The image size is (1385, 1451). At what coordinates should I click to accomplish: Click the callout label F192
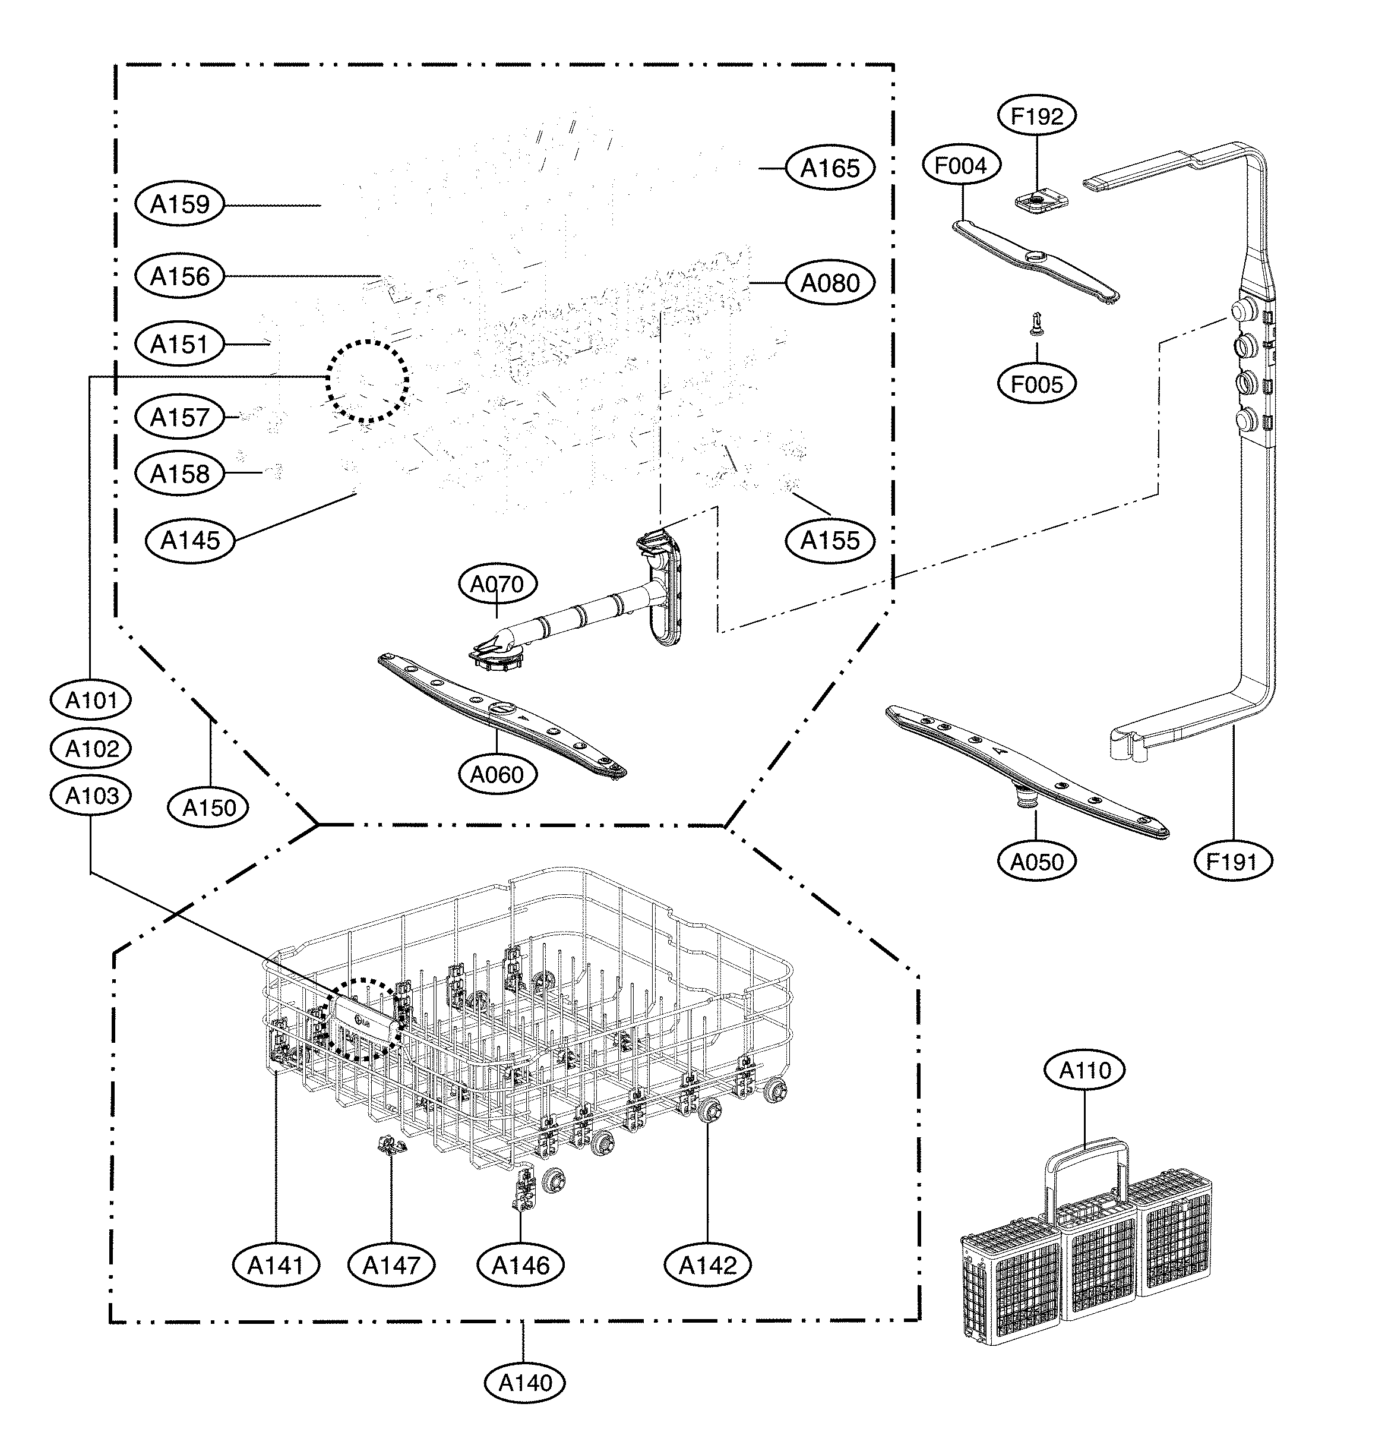click(1036, 116)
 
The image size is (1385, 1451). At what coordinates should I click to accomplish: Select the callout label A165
click(830, 168)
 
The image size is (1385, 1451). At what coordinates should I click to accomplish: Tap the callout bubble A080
click(830, 283)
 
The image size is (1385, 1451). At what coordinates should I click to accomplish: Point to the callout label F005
click(1036, 384)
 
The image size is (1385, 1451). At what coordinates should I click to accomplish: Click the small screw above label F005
click(1036, 323)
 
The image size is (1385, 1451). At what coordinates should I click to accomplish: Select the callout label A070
click(497, 585)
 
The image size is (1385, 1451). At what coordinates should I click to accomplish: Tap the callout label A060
click(497, 775)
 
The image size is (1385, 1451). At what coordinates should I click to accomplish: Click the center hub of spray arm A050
click(1026, 797)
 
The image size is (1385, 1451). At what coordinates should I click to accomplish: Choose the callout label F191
click(1234, 861)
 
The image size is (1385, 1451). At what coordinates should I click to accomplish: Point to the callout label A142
click(707, 1266)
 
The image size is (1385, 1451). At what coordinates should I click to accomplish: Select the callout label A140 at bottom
click(525, 1382)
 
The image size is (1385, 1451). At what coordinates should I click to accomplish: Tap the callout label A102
click(91, 749)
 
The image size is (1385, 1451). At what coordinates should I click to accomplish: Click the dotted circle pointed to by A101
click(367, 381)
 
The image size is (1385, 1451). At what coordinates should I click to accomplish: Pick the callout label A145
click(191, 541)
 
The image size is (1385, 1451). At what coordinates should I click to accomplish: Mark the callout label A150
click(210, 807)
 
